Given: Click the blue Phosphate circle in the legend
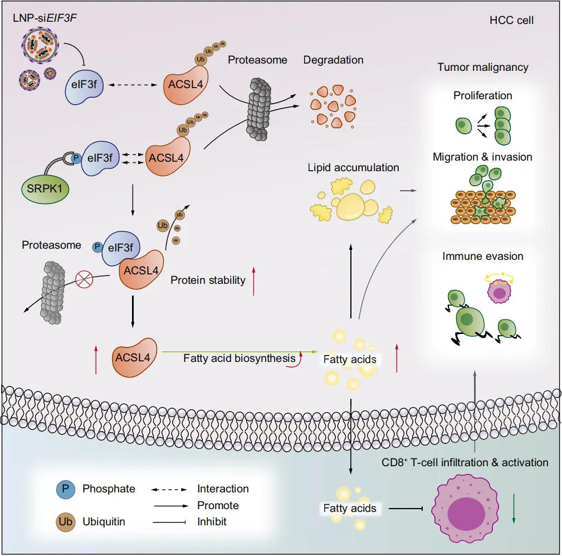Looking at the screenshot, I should click(65, 489).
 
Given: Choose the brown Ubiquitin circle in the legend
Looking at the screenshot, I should click(65, 522).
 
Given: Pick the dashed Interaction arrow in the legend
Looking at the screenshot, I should click(169, 489).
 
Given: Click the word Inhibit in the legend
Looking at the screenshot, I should click(212, 522).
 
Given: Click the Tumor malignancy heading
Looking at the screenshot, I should click(483, 67).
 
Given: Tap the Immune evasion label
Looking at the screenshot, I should click(483, 257).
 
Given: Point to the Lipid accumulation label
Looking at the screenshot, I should click(354, 167).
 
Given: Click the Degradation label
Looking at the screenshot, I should click(333, 60).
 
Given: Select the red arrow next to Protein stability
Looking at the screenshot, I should click(254, 281).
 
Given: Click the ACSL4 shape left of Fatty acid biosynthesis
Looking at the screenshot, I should click(134, 356).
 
